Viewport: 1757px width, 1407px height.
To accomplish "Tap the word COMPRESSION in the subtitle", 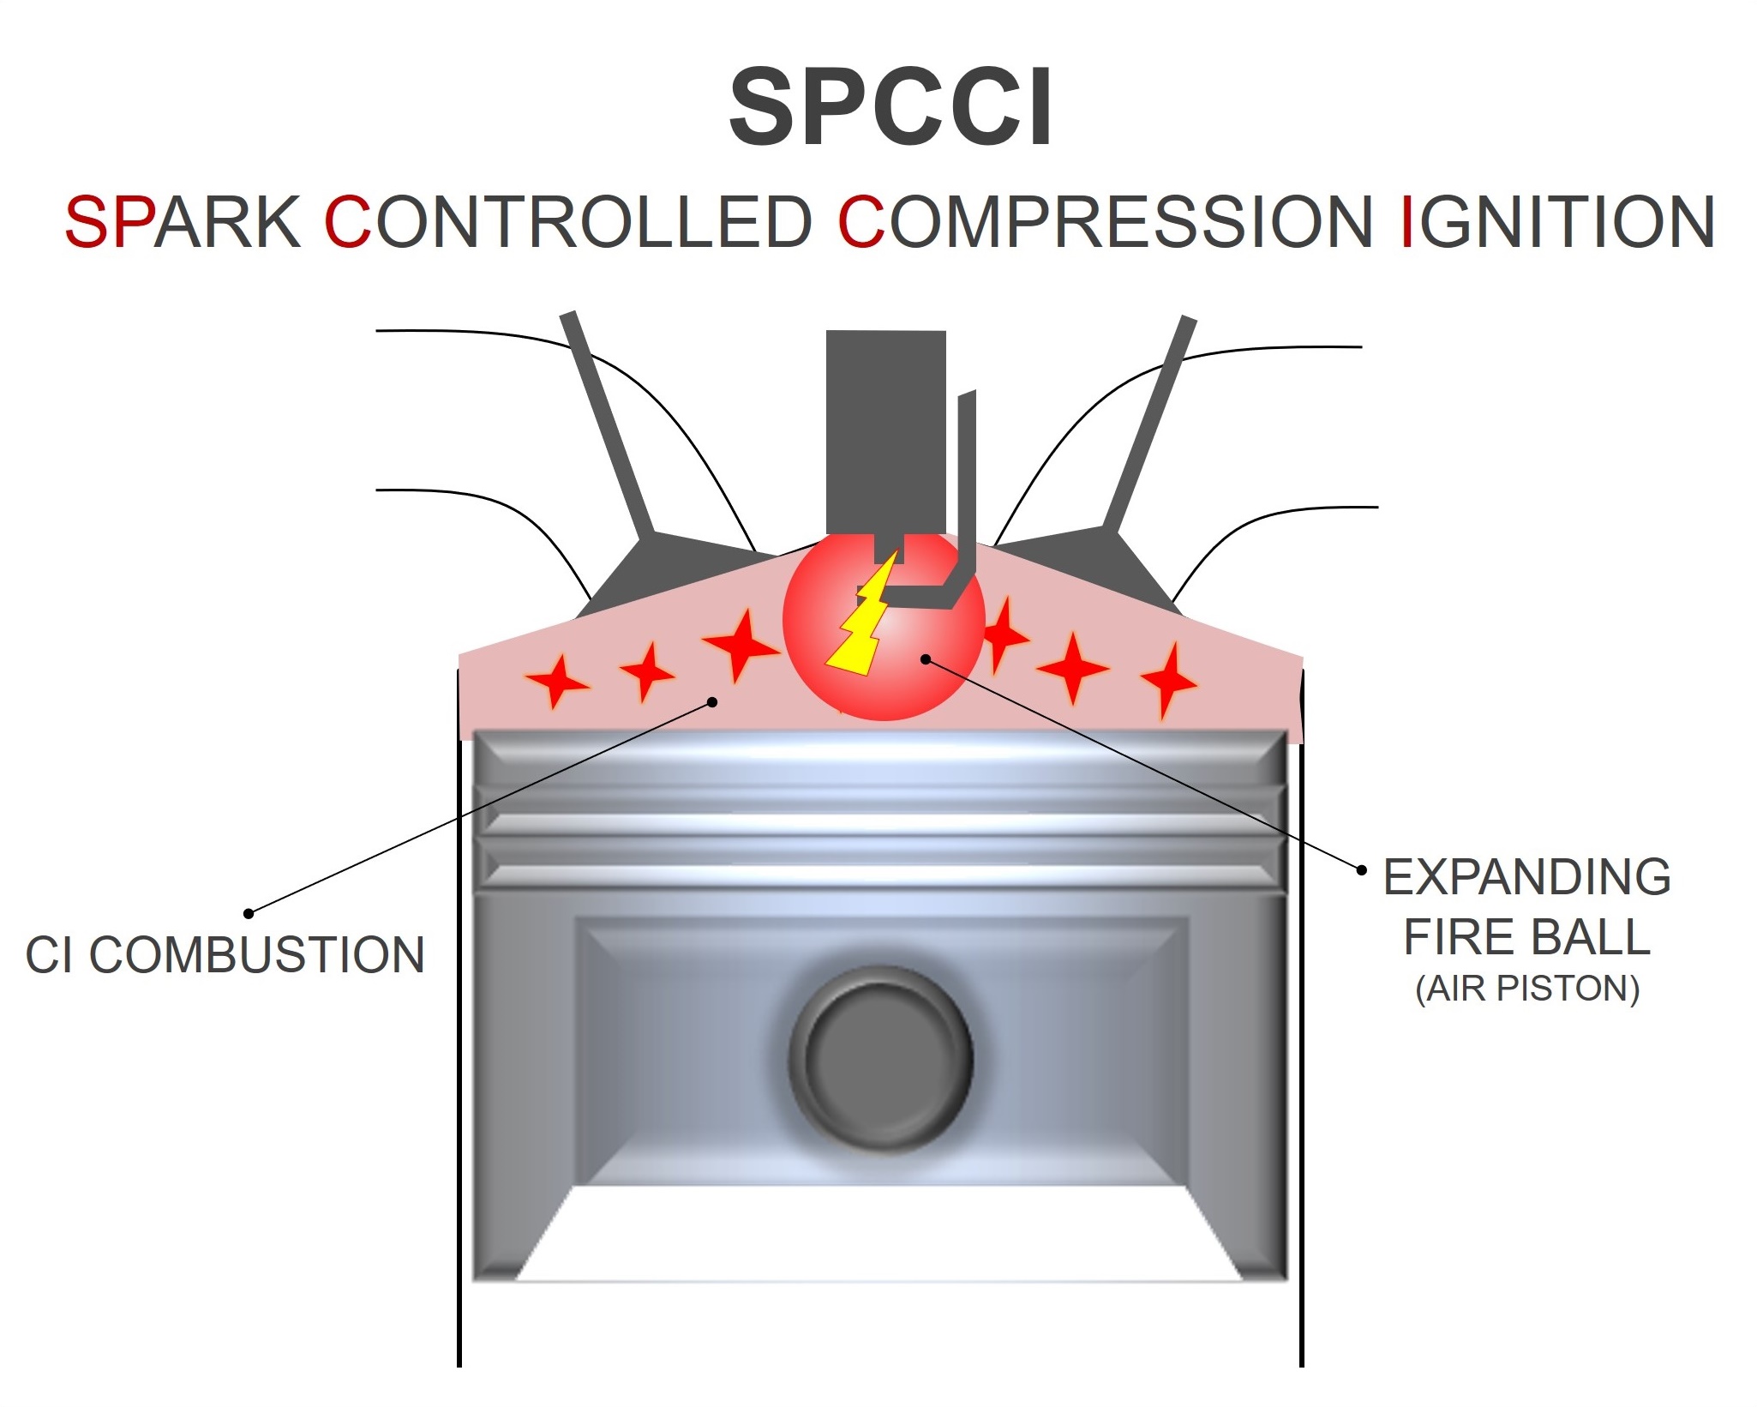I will pyautogui.click(x=1106, y=223).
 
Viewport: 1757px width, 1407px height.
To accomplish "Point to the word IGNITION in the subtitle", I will pyautogui.click(x=1556, y=223).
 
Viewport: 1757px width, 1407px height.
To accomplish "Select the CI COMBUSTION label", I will pyautogui.click(x=225, y=955).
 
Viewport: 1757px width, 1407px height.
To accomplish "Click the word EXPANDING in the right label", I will pyautogui.click(x=1527, y=878).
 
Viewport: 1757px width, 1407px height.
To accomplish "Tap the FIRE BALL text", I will pyautogui.click(x=1527, y=938).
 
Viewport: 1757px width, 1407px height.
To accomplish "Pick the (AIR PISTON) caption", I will pyautogui.click(x=1527, y=989).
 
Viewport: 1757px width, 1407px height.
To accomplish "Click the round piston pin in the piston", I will pyautogui.click(x=881, y=1059).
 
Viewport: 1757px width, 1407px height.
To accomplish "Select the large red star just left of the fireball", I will pyautogui.click(x=740, y=645).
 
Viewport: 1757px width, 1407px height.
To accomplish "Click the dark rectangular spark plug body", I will pyautogui.click(x=885, y=429).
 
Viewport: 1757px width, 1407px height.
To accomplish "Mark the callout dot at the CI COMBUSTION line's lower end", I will pyautogui.click(x=249, y=913).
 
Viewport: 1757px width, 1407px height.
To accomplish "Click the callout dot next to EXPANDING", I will pyautogui.click(x=1362, y=870).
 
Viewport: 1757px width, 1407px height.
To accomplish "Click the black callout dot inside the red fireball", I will pyautogui.click(x=926, y=658).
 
